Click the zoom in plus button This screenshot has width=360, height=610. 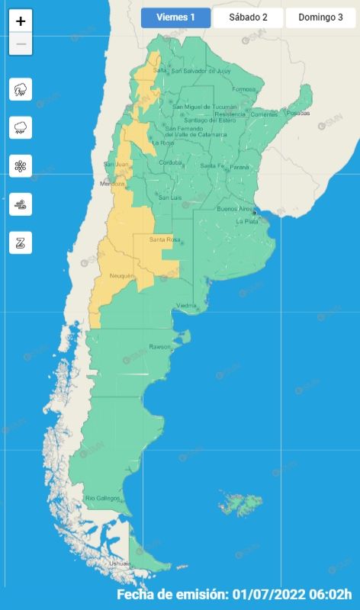[x=21, y=21]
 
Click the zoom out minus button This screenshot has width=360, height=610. [x=21, y=43]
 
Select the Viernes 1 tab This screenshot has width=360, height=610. [x=175, y=18]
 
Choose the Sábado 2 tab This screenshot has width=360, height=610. [x=248, y=18]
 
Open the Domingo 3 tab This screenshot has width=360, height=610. [x=320, y=18]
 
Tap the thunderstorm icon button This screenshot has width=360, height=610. [x=21, y=89]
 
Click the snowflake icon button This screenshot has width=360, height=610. [x=21, y=165]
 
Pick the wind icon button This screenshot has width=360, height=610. [x=21, y=204]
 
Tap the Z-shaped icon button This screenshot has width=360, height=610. [x=21, y=242]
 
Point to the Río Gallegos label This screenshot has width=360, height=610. [x=102, y=498]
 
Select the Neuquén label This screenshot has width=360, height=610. [x=122, y=275]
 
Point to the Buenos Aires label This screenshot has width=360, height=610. [x=235, y=208]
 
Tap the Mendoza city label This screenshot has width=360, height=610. [x=111, y=185]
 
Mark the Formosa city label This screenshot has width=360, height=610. [x=244, y=89]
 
